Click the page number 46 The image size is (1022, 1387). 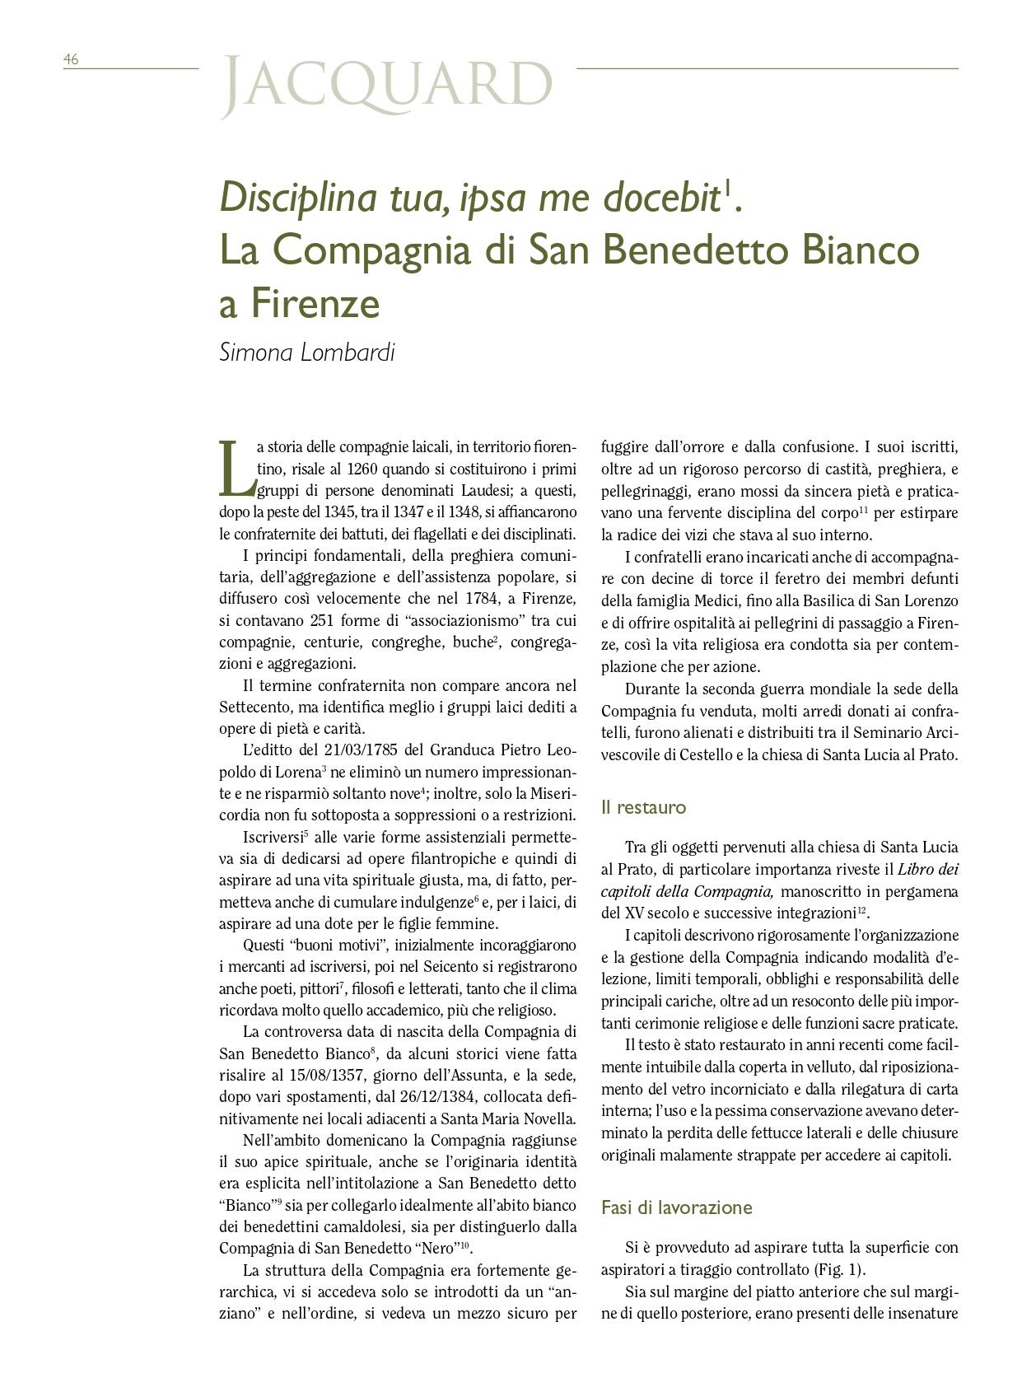(x=71, y=59)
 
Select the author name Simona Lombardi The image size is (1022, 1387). (x=307, y=353)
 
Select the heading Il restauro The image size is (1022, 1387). (x=643, y=807)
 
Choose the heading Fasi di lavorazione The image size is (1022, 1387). (x=676, y=1207)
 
